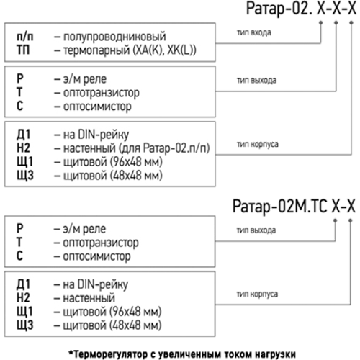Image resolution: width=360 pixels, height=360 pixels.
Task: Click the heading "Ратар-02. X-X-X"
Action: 302,9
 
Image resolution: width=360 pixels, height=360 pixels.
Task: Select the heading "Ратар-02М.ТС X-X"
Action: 294,207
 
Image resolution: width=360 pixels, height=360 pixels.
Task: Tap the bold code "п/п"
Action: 25,37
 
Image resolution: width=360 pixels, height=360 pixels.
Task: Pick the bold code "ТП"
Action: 23,50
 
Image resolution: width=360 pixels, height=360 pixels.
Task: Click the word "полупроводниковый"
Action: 114,37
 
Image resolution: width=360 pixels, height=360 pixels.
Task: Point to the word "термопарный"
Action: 96,50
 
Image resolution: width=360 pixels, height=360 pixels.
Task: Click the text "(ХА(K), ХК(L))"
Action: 164,50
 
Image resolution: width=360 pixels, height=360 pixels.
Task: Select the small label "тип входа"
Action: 254,32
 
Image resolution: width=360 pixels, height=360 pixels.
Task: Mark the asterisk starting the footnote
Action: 71,353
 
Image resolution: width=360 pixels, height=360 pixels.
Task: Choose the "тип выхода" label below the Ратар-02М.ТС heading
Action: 256,230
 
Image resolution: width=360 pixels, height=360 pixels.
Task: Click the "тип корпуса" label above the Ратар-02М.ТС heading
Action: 258,144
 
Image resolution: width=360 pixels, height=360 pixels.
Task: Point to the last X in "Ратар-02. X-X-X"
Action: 352,9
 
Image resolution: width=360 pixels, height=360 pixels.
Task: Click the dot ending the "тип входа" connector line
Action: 321,23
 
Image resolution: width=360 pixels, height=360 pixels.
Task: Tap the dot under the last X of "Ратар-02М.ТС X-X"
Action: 350,220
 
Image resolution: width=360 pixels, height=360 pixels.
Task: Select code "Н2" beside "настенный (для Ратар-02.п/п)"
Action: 23,148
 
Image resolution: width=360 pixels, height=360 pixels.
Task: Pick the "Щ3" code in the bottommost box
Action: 25,325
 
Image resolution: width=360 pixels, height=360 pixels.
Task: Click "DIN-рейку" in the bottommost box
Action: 102,285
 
